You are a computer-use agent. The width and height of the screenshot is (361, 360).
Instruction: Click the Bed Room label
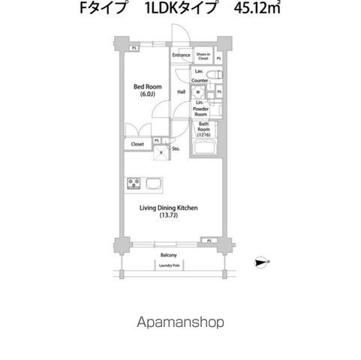pyautogui.click(x=143, y=86)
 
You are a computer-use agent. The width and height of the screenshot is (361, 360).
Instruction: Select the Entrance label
pyautogui.click(x=181, y=55)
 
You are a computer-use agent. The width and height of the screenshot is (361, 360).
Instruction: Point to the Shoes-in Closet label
pyautogui.click(x=203, y=55)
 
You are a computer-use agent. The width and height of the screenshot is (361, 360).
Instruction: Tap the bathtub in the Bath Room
pyautogui.click(x=205, y=148)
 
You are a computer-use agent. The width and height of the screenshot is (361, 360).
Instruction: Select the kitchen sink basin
pyautogui.click(x=153, y=184)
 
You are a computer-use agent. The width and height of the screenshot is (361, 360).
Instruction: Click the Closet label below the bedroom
pyautogui.click(x=137, y=144)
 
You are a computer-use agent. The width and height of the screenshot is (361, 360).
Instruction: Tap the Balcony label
pyautogui.click(x=167, y=255)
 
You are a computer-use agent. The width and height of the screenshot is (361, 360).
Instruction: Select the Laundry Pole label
pyautogui.click(x=167, y=264)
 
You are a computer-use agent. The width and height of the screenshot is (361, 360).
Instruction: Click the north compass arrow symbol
pyautogui.click(x=261, y=262)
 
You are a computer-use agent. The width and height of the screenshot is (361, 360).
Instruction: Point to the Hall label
pyautogui.click(x=181, y=92)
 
